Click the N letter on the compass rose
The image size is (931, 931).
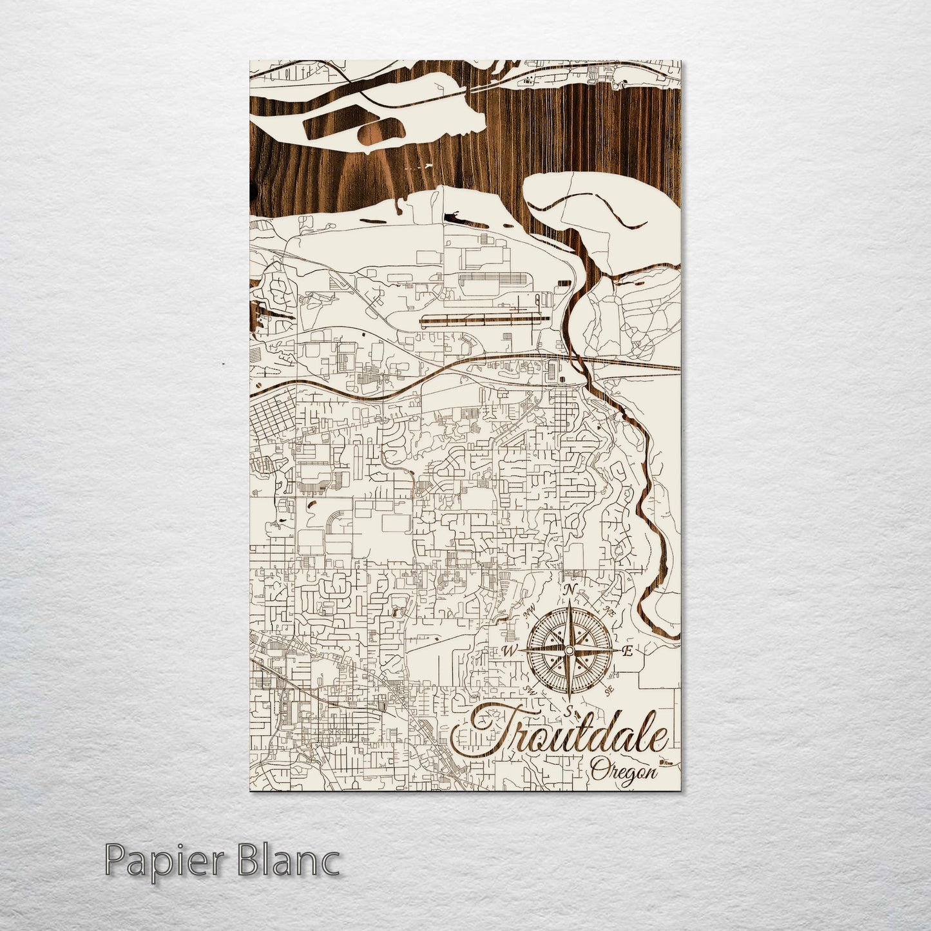pos(569,590)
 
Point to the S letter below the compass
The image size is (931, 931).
pos(569,711)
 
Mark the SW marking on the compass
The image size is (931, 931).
pos(531,689)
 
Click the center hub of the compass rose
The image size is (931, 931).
pos(569,651)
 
